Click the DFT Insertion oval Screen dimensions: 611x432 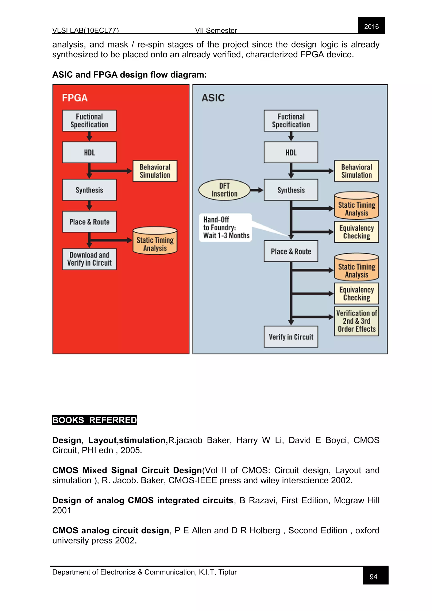point(224,190)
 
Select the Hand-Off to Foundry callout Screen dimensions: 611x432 point(225,227)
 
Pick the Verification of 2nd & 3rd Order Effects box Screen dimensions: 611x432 point(356,321)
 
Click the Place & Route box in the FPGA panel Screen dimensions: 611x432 point(89,222)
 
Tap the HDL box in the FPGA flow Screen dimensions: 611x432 point(89,153)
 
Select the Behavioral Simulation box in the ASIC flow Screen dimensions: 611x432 point(356,171)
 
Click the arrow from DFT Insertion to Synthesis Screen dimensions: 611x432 point(257,190)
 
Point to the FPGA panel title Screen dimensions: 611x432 point(75,98)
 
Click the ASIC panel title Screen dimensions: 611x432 point(213,98)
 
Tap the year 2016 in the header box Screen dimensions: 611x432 point(371,27)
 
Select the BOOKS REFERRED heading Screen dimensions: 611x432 point(94,420)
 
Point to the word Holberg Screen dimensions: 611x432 point(265,531)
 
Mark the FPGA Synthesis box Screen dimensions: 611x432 point(89,190)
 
